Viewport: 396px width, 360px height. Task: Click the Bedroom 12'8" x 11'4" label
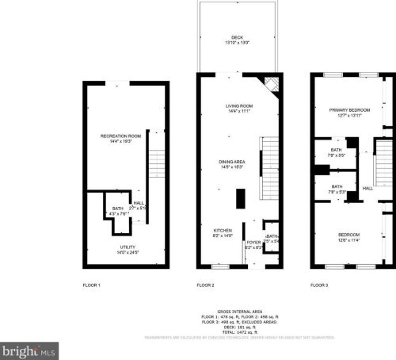click(348, 237)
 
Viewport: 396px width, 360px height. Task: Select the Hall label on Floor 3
click(367, 189)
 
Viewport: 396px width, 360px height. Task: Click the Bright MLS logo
click(30, 349)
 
